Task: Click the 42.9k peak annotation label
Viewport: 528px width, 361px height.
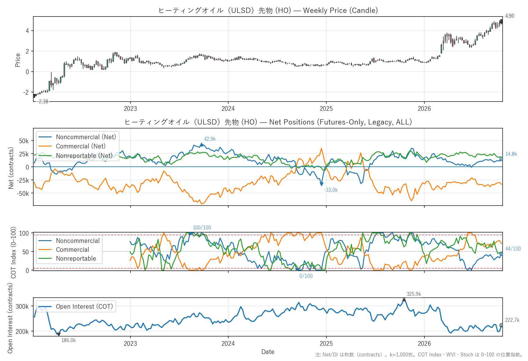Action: [210, 139]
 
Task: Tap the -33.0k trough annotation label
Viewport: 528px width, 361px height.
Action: [331, 190]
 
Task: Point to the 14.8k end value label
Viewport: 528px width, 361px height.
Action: [511, 154]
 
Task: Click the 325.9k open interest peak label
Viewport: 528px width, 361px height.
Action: [414, 294]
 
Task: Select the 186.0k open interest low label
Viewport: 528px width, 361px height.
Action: [68, 340]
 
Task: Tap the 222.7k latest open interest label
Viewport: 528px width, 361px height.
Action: [512, 320]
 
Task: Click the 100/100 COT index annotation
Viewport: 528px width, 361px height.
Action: [202, 228]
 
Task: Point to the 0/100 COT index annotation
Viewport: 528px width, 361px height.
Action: [306, 276]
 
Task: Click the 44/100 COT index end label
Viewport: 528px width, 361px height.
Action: [513, 249]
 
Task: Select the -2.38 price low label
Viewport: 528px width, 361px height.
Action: [43, 102]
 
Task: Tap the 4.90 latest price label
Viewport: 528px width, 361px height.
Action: [510, 16]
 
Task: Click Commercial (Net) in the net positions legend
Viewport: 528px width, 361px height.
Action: [81, 146]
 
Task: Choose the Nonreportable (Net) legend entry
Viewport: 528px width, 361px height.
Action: [84, 156]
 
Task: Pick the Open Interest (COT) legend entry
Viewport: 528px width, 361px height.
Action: [84, 307]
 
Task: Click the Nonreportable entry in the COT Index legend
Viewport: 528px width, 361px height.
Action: [76, 259]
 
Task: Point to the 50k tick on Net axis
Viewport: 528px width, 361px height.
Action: [24, 141]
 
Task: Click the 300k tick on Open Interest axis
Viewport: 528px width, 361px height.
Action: [22, 307]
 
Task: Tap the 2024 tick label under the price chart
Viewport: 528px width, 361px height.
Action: [228, 109]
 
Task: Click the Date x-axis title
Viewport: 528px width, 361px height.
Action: [268, 352]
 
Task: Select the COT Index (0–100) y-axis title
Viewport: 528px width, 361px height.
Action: [13, 252]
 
